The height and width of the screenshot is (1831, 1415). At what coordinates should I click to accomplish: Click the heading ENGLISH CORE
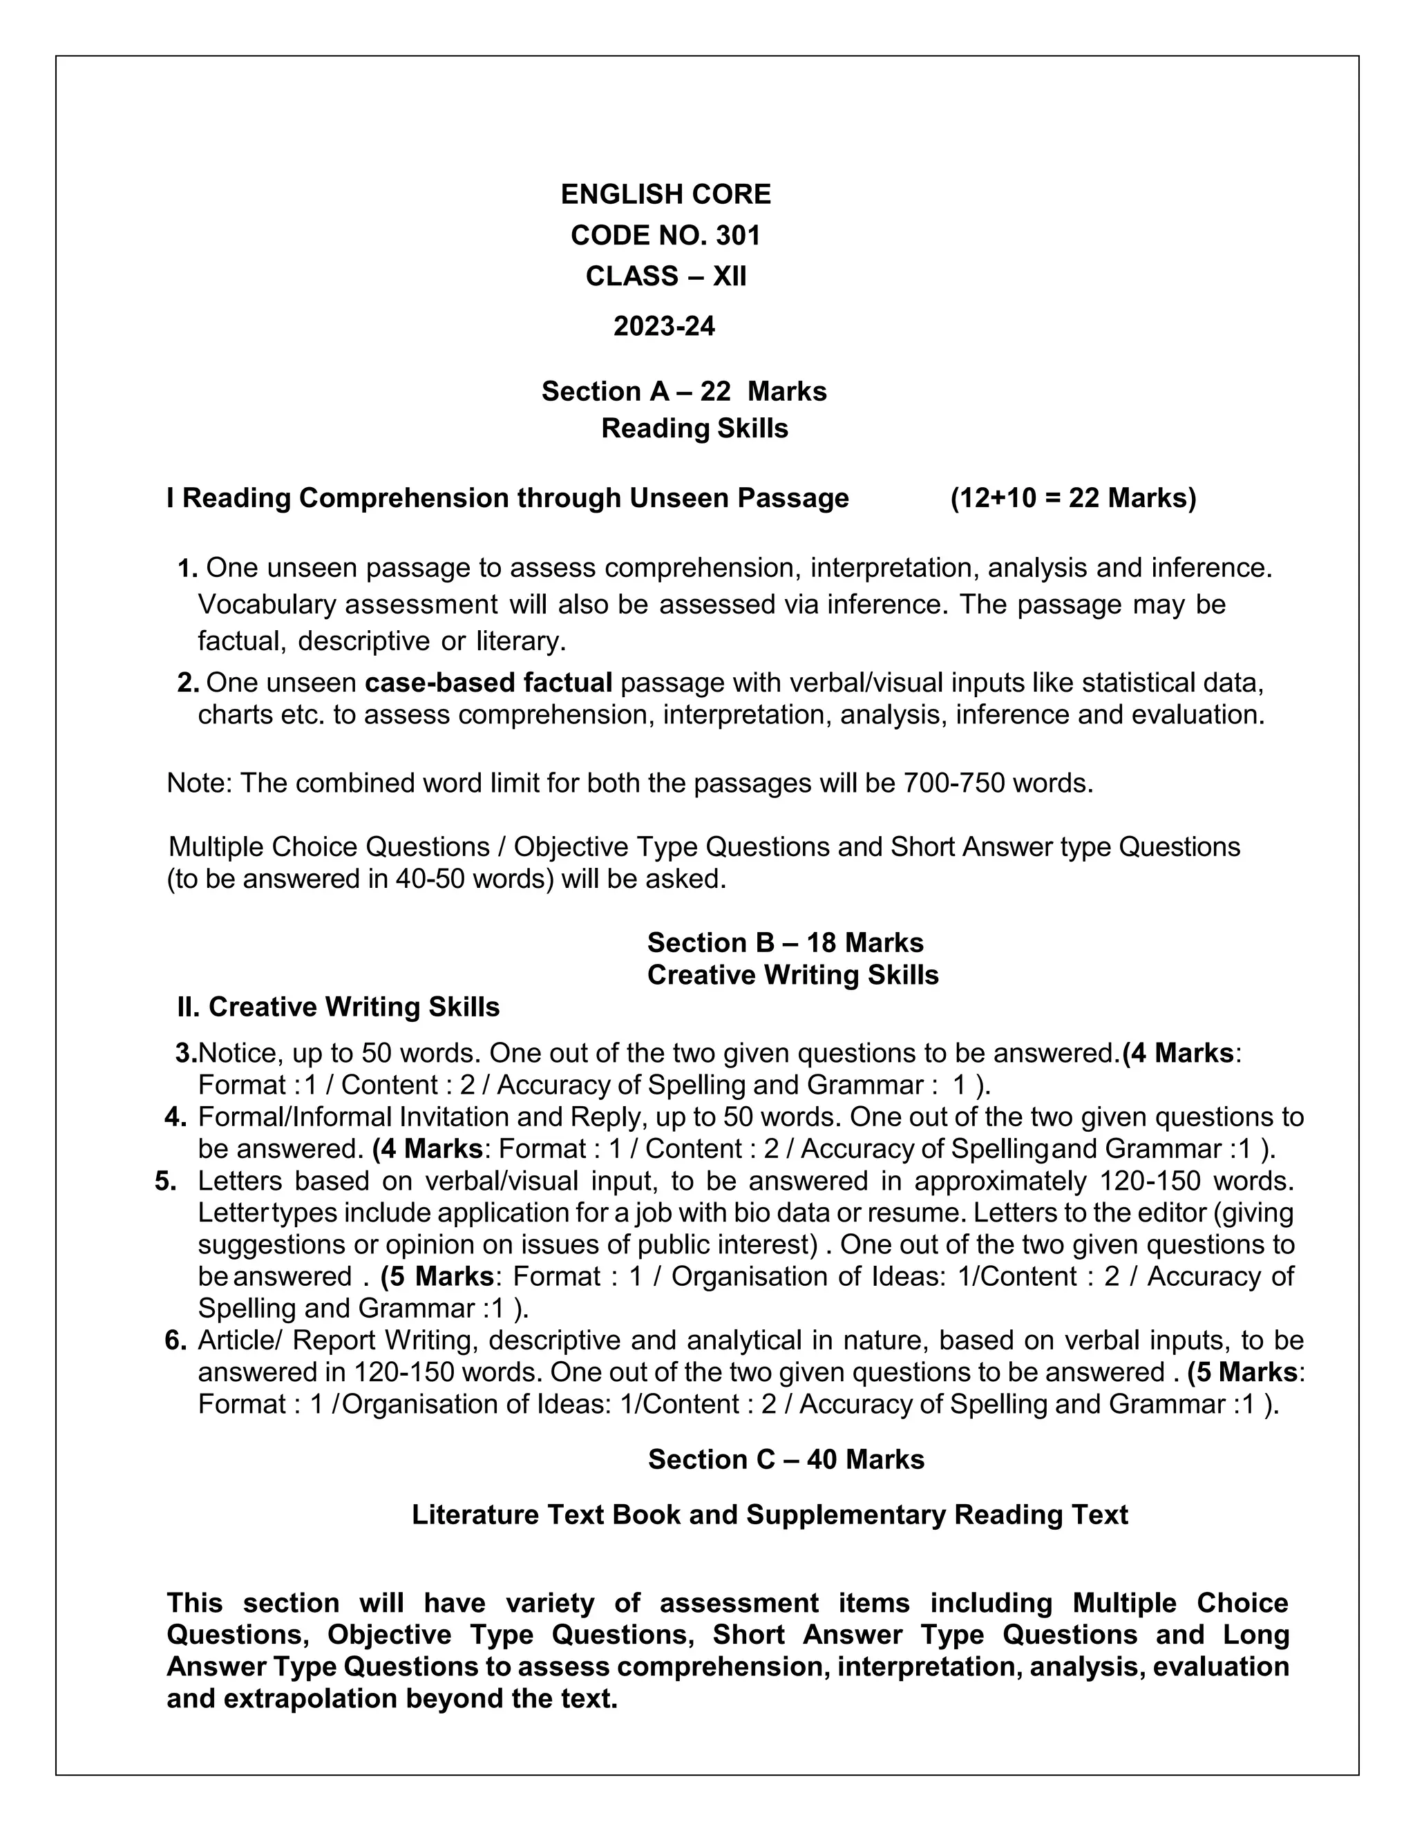click(665, 195)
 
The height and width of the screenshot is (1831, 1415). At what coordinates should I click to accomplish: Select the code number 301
click(738, 236)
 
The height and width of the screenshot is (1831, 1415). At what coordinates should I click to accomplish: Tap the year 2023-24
click(664, 326)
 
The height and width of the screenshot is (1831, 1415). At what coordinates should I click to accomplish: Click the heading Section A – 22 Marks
click(684, 392)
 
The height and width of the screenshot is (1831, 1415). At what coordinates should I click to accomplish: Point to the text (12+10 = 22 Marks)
click(1073, 498)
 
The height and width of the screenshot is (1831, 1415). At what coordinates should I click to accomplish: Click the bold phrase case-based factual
click(488, 683)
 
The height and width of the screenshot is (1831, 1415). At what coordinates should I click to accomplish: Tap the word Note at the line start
click(199, 783)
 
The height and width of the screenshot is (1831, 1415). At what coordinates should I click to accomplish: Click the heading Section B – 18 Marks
click(785, 942)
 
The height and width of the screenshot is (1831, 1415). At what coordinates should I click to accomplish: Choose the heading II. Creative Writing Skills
click(338, 1007)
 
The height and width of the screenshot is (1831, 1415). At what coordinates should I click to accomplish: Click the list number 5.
click(165, 1182)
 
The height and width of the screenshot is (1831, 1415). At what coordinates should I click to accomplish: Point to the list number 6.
click(175, 1340)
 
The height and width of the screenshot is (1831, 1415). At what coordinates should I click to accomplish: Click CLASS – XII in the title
click(665, 276)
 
